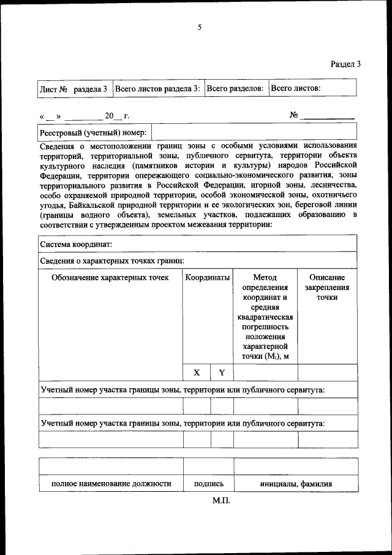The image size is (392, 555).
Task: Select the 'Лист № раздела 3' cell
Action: [73, 89]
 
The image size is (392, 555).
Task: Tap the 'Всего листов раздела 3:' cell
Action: [157, 88]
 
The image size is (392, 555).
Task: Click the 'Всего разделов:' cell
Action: [235, 88]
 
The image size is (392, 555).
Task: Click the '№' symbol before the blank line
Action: [293, 115]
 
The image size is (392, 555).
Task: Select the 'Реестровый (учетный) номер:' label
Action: [93, 132]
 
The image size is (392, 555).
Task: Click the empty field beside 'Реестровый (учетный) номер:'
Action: [254, 132]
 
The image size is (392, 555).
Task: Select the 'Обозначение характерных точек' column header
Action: [110, 278]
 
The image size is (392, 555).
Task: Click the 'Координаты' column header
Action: [208, 278]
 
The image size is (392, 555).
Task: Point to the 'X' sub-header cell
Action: [197, 372]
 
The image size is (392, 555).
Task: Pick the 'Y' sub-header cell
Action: [222, 372]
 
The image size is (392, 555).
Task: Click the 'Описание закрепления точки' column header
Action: [327, 287]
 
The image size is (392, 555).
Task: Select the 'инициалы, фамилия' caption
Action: [296, 484]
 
